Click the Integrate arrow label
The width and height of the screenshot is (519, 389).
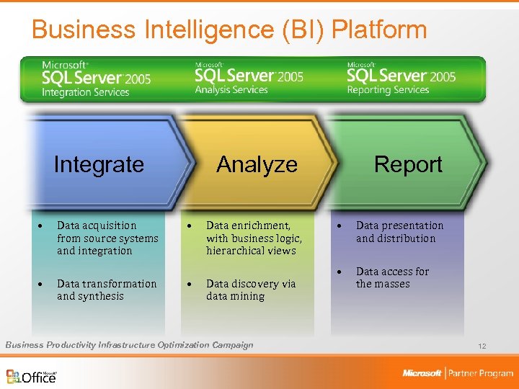[99, 164]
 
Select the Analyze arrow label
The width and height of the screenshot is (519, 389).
[257, 164]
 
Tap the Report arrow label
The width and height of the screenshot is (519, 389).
[408, 164]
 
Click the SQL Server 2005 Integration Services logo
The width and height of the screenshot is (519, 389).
[96, 79]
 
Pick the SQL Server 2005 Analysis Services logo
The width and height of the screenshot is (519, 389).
[249, 79]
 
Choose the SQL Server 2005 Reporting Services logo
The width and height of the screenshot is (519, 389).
[401, 79]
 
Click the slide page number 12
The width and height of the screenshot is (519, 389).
[482, 346]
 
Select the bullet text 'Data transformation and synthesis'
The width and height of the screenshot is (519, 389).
[106, 290]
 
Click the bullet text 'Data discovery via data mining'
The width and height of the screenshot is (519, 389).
[250, 290]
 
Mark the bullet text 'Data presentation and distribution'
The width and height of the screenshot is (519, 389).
[399, 232]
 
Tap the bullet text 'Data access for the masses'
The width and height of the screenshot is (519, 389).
[392, 277]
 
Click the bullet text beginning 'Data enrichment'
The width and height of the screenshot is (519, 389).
[254, 238]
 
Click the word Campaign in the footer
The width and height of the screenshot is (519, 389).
[233, 345]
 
